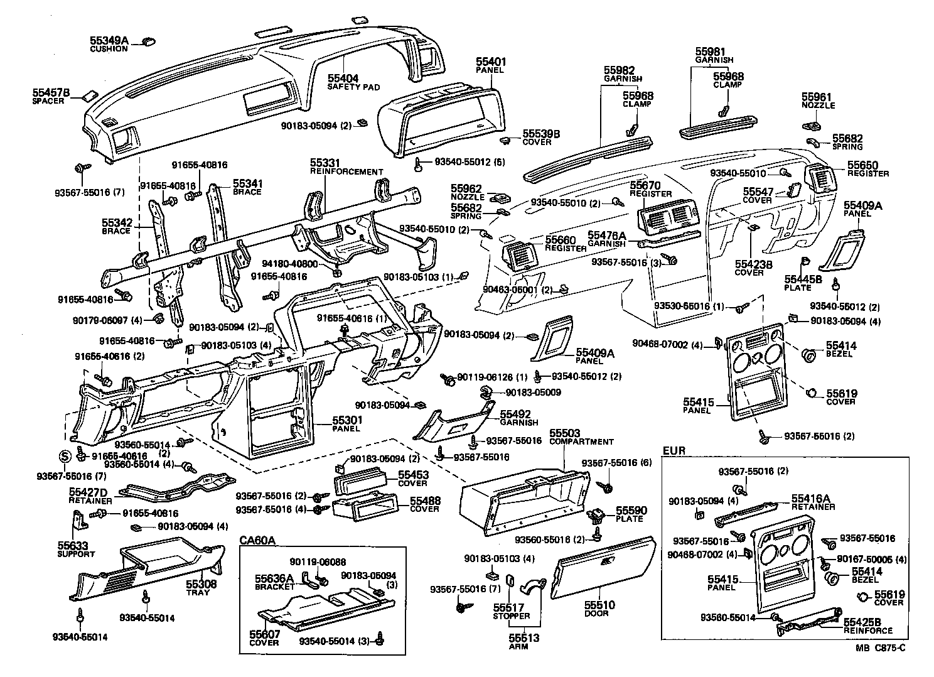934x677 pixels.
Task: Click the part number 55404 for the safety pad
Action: (x=343, y=79)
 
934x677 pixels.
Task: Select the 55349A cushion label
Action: (x=109, y=41)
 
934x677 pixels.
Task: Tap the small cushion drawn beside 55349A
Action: (x=149, y=41)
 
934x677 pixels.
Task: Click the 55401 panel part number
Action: (x=490, y=62)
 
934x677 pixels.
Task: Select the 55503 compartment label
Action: (x=565, y=434)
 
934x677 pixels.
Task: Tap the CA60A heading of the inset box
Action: (x=257, y=540)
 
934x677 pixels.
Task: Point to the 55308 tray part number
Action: (x=201, y=584)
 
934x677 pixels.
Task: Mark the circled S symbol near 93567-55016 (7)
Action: (x=64, y=456)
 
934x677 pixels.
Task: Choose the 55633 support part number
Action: (x=73, y=546)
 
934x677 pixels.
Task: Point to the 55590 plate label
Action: (x=630, y=511)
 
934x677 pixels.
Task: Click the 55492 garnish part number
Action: (x=515, y=414)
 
